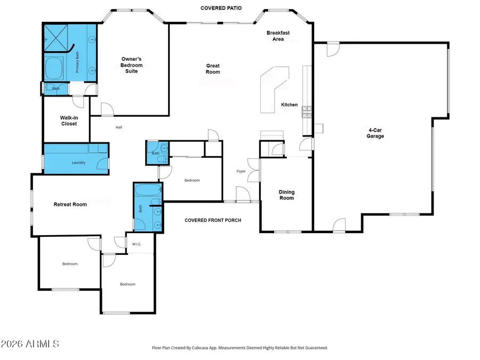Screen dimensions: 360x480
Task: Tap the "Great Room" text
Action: click(x=213, y=69)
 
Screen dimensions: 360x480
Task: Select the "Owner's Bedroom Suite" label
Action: click(x=132, y=65)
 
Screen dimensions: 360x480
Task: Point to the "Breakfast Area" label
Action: click(x=278, y=36)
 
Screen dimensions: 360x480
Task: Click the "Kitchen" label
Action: click(x=289, y=105)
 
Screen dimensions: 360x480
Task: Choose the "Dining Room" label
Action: click(x=286, y=195)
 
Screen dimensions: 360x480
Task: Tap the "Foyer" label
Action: click(x=241, y=171)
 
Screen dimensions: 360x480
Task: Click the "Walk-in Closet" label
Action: click(x=68, y=121)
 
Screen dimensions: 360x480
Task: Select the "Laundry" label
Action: click(x=78, y=163)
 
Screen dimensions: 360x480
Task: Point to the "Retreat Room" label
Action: click(x=70, y=204)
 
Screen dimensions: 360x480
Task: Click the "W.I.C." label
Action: click(x=137, y=244)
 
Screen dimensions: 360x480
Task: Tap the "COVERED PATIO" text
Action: click(x=221, y=9)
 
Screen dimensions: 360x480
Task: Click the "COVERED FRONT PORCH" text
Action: click(x=213, y=220)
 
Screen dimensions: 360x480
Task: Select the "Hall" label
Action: click(x=119, y=127)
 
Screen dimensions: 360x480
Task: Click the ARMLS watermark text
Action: click(x=30, y=343)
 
